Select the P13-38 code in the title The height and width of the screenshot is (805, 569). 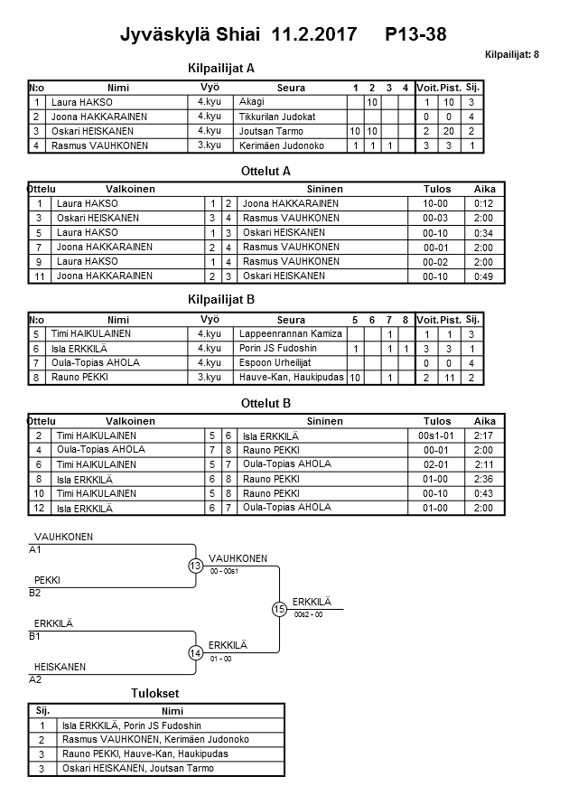coord(415,35)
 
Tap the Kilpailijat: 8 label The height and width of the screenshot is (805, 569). coord(511,55)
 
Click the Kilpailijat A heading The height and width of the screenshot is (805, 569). coord(221,68)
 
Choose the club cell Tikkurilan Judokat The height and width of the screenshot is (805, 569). coord(277,117)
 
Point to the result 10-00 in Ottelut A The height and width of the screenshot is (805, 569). coord(436,204)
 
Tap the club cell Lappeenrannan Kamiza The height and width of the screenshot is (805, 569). coord(290,334)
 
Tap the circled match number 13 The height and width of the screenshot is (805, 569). coord(195,566)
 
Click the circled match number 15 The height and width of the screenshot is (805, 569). coord(279,609)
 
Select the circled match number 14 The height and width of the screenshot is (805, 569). coord(195,652)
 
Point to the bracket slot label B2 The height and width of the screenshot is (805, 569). coord(35,593)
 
